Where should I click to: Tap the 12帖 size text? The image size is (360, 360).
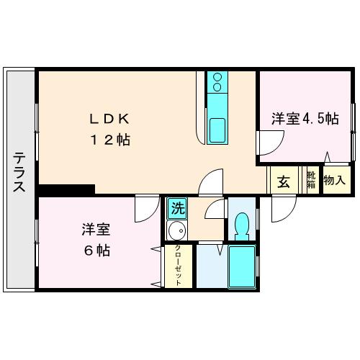pos(109,140)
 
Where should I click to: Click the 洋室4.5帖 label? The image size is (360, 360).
pos(305,119)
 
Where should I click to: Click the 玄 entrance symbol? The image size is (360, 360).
pos(284,181)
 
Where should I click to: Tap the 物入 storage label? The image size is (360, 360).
pos(335,180)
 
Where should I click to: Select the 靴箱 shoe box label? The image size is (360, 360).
pos(311,179)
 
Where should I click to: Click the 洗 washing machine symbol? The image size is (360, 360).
pos(176,209)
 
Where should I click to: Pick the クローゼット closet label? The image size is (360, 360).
pos(178,266)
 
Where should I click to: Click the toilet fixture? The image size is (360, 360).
pos(243,226)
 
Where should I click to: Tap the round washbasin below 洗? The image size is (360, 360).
pos(176,232)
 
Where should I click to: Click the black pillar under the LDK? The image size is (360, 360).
pos(67,189)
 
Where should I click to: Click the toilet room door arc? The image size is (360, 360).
pos(215,209)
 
